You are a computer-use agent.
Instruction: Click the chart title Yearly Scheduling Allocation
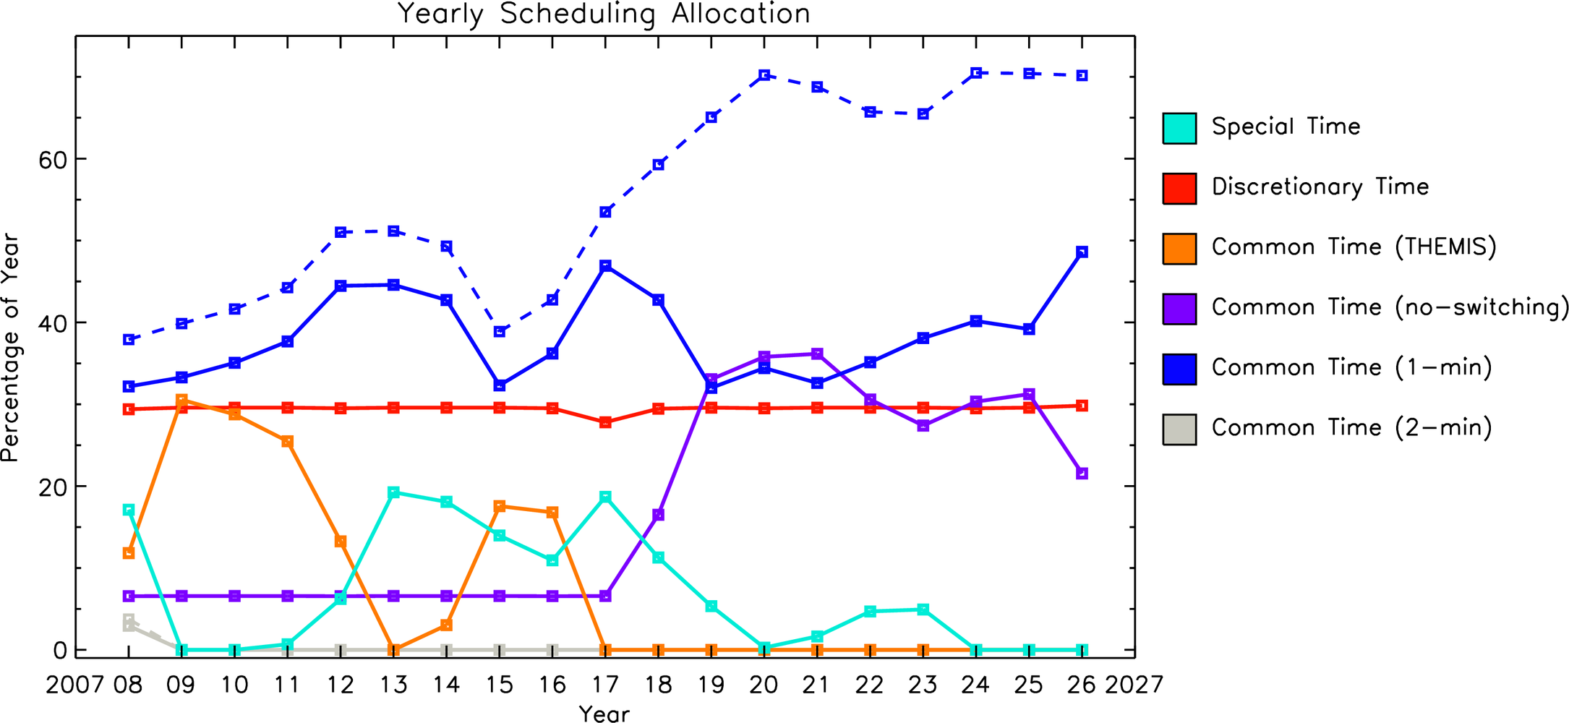coord(604,14)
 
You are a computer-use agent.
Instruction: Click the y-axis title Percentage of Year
coord(10,348)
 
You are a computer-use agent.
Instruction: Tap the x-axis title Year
coord(604,714)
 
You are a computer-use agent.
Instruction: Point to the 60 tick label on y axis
coord(53,160)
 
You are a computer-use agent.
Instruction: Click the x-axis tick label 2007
coord(75,685)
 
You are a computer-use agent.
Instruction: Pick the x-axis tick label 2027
coord(1134,685)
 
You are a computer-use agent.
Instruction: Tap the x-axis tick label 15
coord(500,685)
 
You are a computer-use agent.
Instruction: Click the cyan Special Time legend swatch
coord(1179,129)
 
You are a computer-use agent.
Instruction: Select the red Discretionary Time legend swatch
coord(1179,189)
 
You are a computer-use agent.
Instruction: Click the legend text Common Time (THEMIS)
coord(1354,247)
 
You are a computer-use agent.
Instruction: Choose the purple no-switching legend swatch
coord(1179,309)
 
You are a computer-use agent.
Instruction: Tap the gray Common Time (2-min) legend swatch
coord(1179,429)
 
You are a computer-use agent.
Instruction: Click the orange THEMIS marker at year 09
coord(181,400)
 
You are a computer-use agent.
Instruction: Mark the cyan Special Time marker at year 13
coord(393,493)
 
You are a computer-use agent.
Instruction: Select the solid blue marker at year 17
coord(605,266)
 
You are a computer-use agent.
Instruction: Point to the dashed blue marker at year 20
coord(764,75)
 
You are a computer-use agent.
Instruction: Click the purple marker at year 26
coord(1082,474)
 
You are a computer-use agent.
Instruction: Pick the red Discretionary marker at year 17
coord(605,422)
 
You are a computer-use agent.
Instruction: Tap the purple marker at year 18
coord(658,515)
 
